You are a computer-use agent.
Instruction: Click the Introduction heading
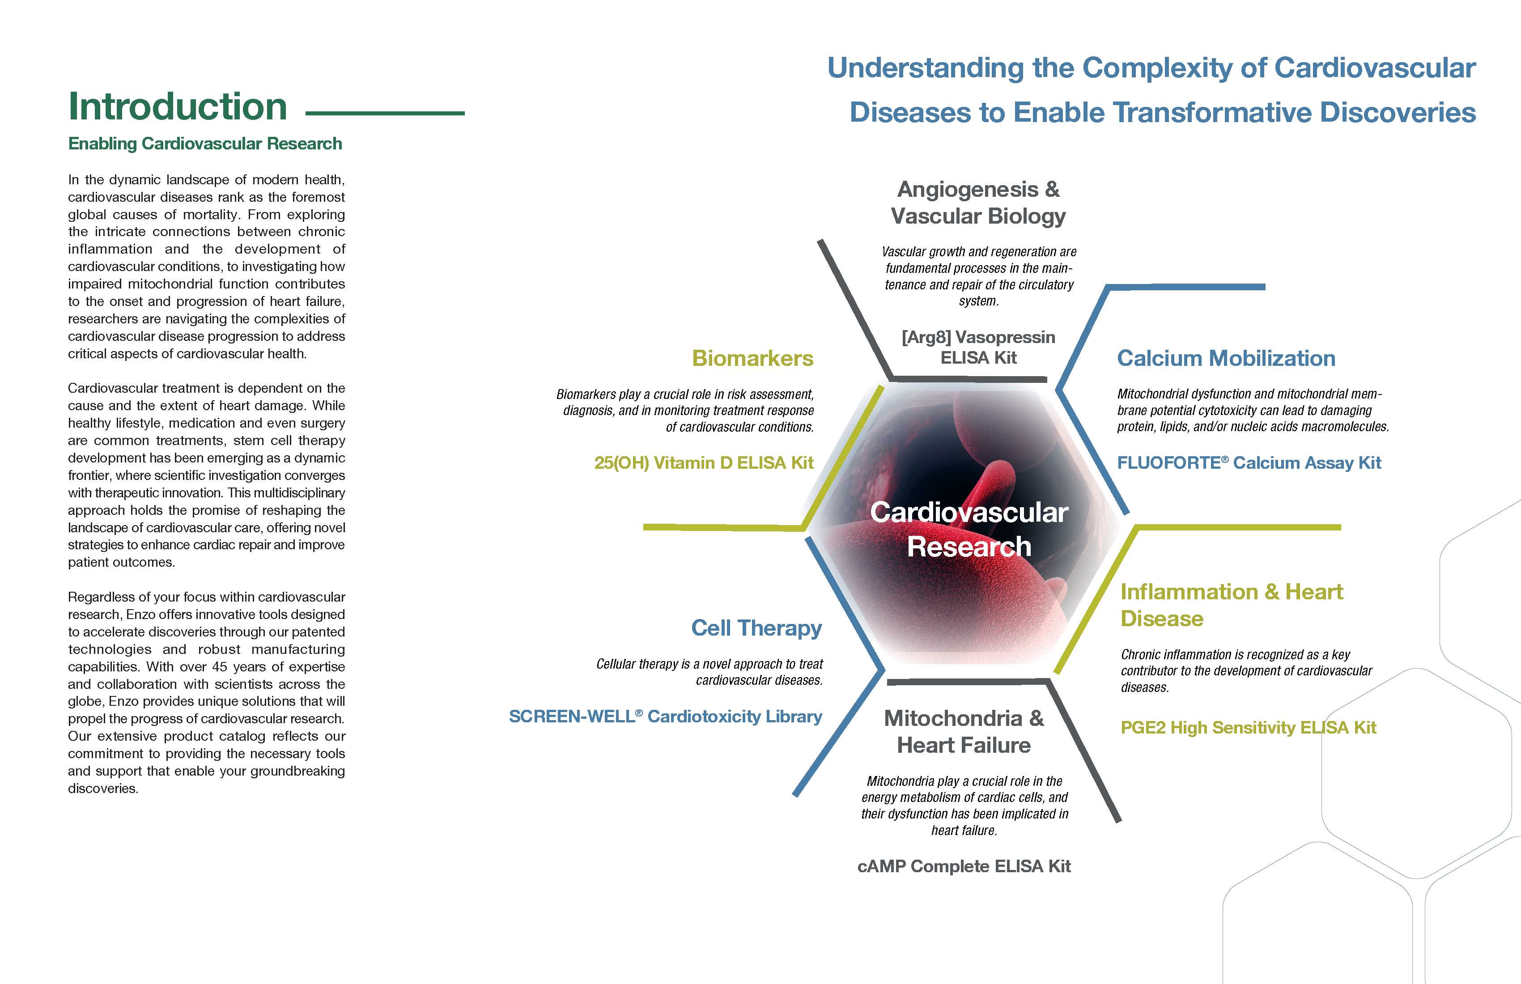[x=178, y=107]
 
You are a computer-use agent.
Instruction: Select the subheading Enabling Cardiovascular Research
[x=205, y=144]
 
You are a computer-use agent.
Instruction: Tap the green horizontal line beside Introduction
[x=385, y=114]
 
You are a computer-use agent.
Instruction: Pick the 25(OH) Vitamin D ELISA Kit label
[x=704, y=462]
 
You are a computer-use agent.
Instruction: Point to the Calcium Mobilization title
[x=1226, y=358]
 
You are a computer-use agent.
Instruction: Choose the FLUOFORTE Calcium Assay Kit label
[x=1249, y=462]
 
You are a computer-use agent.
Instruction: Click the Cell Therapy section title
[x=756, y=628]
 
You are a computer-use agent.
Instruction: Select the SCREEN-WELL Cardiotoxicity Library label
[x=665, y=716]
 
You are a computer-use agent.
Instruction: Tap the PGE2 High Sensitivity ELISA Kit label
[x=1248, y=728]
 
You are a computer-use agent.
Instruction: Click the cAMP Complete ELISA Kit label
[x=964, y=866]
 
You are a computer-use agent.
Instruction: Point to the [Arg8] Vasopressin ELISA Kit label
[x=978, y=348]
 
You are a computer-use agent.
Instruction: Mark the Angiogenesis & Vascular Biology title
[x=978, y=203]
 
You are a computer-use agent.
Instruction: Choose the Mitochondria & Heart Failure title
[x=964, y=732]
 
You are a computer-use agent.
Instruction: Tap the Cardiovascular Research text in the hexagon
[x=969, y=530]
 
